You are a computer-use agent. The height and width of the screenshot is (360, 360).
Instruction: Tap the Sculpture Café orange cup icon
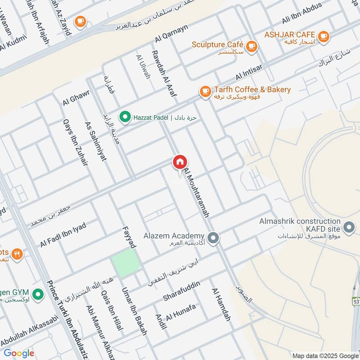tap(251, 45)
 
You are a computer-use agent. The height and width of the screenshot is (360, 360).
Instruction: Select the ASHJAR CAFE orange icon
tap(323, 35)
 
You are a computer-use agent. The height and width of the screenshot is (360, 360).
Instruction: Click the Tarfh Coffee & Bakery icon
tap(205, 91)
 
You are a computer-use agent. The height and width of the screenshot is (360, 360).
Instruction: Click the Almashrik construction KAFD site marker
tap(348, 227)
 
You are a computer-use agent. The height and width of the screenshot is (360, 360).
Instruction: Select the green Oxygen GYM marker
tap(39, 295)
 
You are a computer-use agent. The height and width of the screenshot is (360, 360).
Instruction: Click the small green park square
tap(126, 263)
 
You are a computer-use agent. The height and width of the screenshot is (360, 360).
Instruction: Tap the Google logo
tap(19, 353)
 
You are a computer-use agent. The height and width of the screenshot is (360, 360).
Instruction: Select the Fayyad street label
tap(129, 237)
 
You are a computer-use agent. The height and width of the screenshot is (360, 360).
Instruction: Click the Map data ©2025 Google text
tap(325, 355)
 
